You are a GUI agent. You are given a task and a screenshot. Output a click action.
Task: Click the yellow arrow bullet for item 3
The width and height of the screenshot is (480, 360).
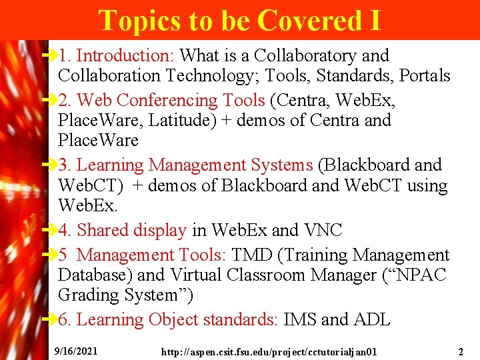pyautogui.click(x=49, y=164)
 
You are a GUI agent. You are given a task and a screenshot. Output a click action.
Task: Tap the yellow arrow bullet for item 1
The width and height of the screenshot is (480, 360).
pyautogui.click(x=49, y=55)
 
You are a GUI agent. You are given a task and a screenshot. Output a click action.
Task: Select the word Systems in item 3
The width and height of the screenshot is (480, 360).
pyautogui.click(x=277, y=165)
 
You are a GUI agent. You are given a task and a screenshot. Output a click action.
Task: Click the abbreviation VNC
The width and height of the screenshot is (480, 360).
pyautogui.click(x=323, y=231)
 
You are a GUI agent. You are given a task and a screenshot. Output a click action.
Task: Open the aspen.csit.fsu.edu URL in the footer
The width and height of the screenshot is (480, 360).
pyautogui.click(x=269, y=351)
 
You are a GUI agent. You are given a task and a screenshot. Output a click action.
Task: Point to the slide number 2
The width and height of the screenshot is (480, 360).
pyautogui.click(x=461, y=351)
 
